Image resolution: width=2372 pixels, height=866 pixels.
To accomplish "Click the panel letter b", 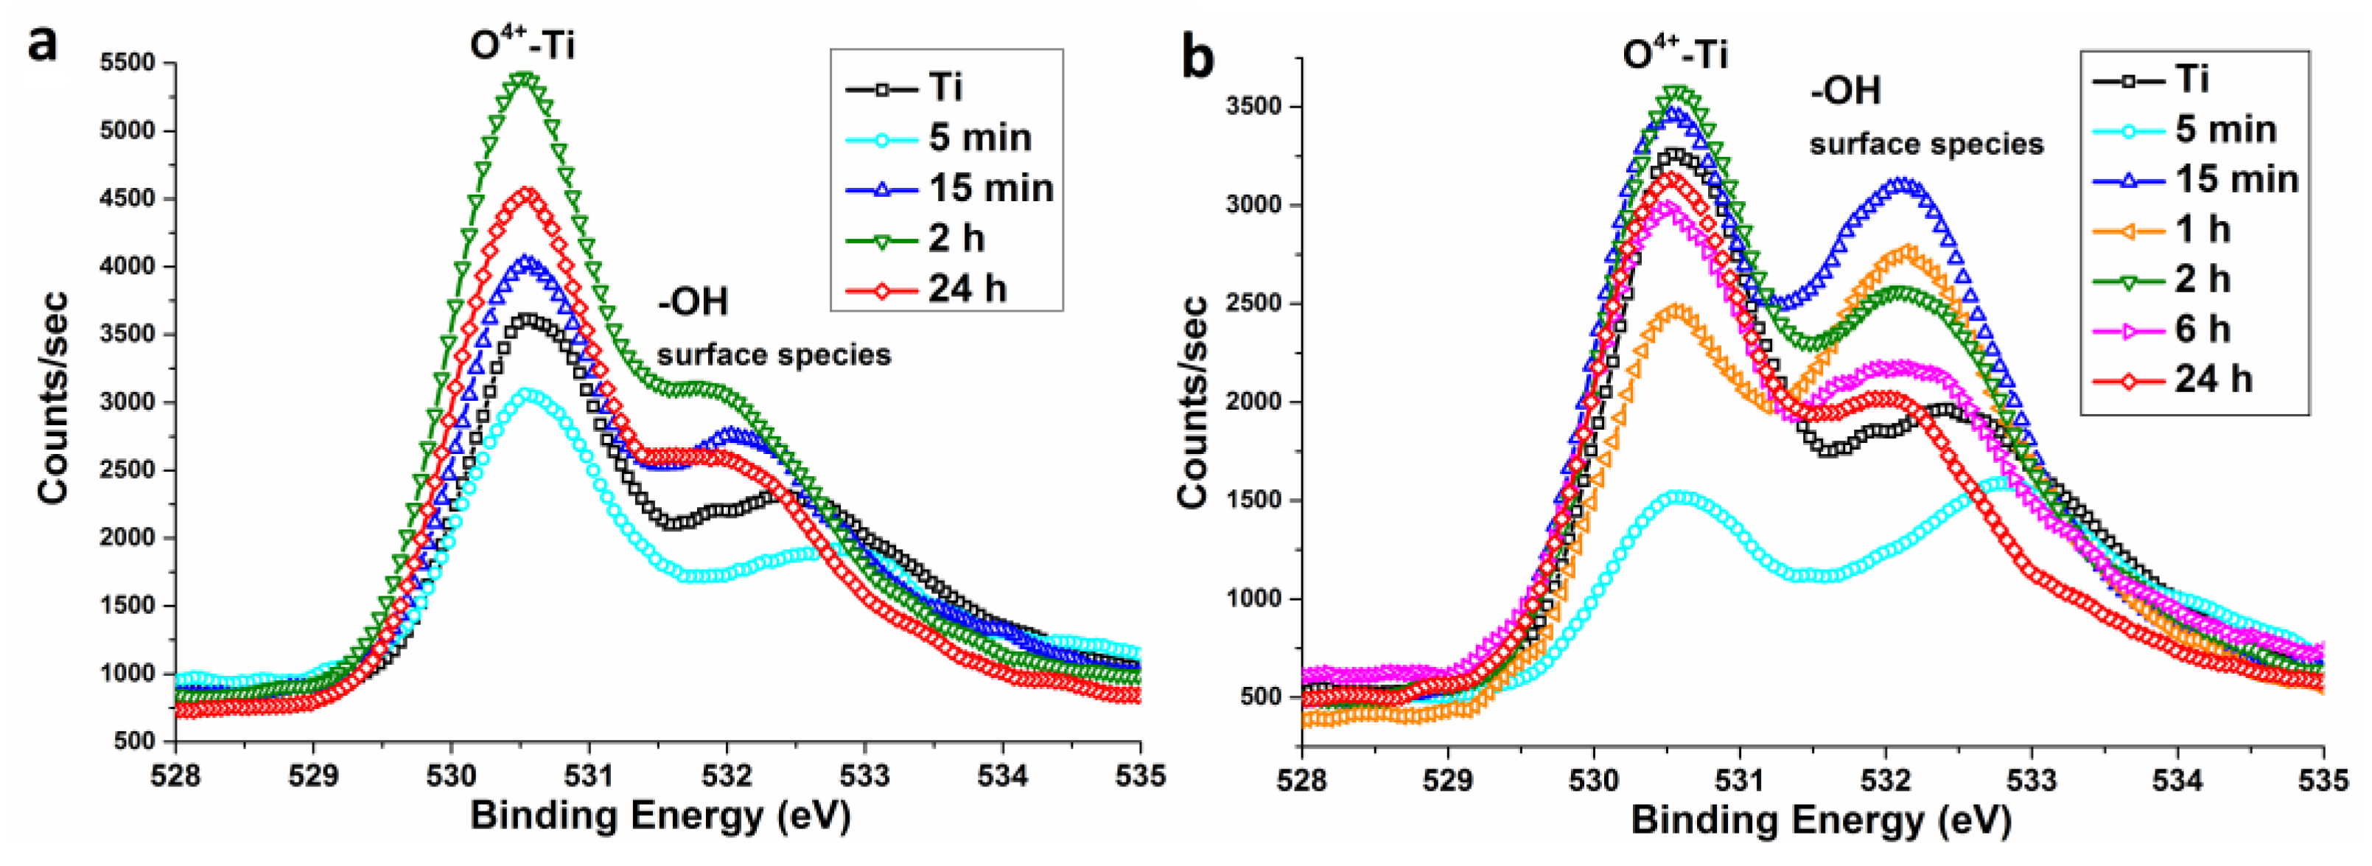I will point(1197,57).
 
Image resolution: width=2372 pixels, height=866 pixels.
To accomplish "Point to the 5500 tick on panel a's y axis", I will point(128,63).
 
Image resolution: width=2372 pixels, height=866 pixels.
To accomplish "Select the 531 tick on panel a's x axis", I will point(589,775).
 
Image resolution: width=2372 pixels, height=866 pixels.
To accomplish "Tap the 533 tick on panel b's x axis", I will point(2032,781).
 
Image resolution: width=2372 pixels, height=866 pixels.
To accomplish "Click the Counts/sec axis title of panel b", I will point(1193,402).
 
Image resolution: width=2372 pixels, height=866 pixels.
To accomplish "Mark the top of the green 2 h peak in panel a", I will point(525,80).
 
